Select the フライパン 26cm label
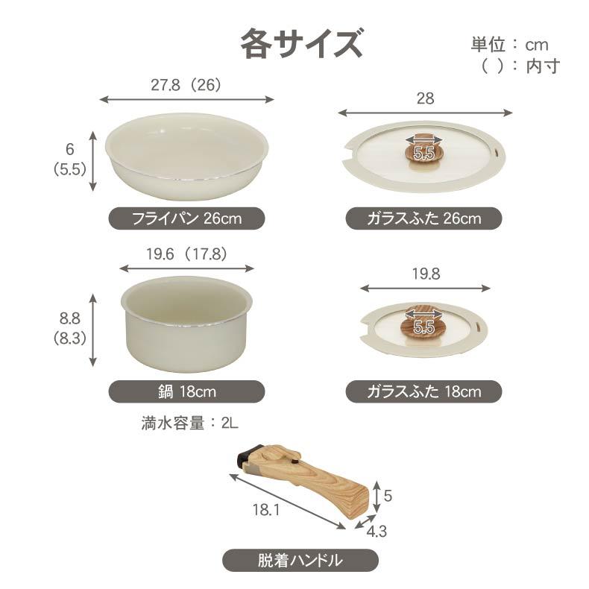(x=186, y=218)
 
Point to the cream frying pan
(x=186, y=156)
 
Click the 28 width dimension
(x=425, y=98)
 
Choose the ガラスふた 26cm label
(x=423, y=218)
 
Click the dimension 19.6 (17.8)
(x=186, y=253)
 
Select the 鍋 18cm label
(x=186, y=391)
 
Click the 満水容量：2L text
(x=189, y=423)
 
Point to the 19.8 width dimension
(x=425, y=274)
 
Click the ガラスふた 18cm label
(x=423, y=391)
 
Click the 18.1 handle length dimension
(x=268, y=511)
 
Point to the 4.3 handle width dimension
(x=377, y=532)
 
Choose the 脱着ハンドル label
(x=300, y=559)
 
